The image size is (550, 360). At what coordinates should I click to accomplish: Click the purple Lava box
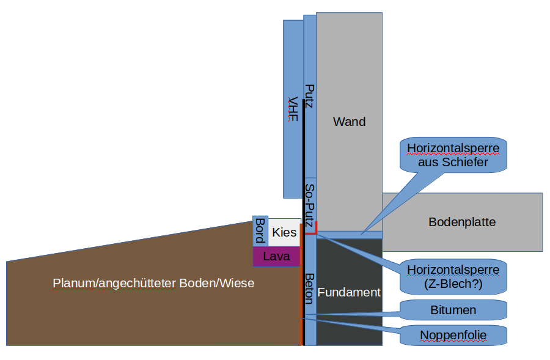click(276, 257)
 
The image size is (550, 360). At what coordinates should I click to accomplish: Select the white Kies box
click(284, 232)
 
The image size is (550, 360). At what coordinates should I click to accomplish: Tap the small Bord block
click(260, 230)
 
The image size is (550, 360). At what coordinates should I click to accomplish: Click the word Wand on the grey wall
click(349, 122)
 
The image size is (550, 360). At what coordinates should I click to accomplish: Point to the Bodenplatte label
click(462, 222)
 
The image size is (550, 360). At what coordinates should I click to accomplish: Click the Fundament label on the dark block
click(349, 292)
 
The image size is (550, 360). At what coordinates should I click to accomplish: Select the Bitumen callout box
click(453, 310)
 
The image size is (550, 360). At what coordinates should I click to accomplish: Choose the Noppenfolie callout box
click(453, 334)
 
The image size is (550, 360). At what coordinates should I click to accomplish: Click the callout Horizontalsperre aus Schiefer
click(453, 155)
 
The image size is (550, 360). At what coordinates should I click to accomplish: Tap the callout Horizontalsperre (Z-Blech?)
click(453, 276)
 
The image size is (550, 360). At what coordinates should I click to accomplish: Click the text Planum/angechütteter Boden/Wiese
click(153, 283)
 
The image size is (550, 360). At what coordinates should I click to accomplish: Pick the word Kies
click(284, 232)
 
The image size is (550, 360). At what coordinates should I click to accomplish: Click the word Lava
click(276, 257)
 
